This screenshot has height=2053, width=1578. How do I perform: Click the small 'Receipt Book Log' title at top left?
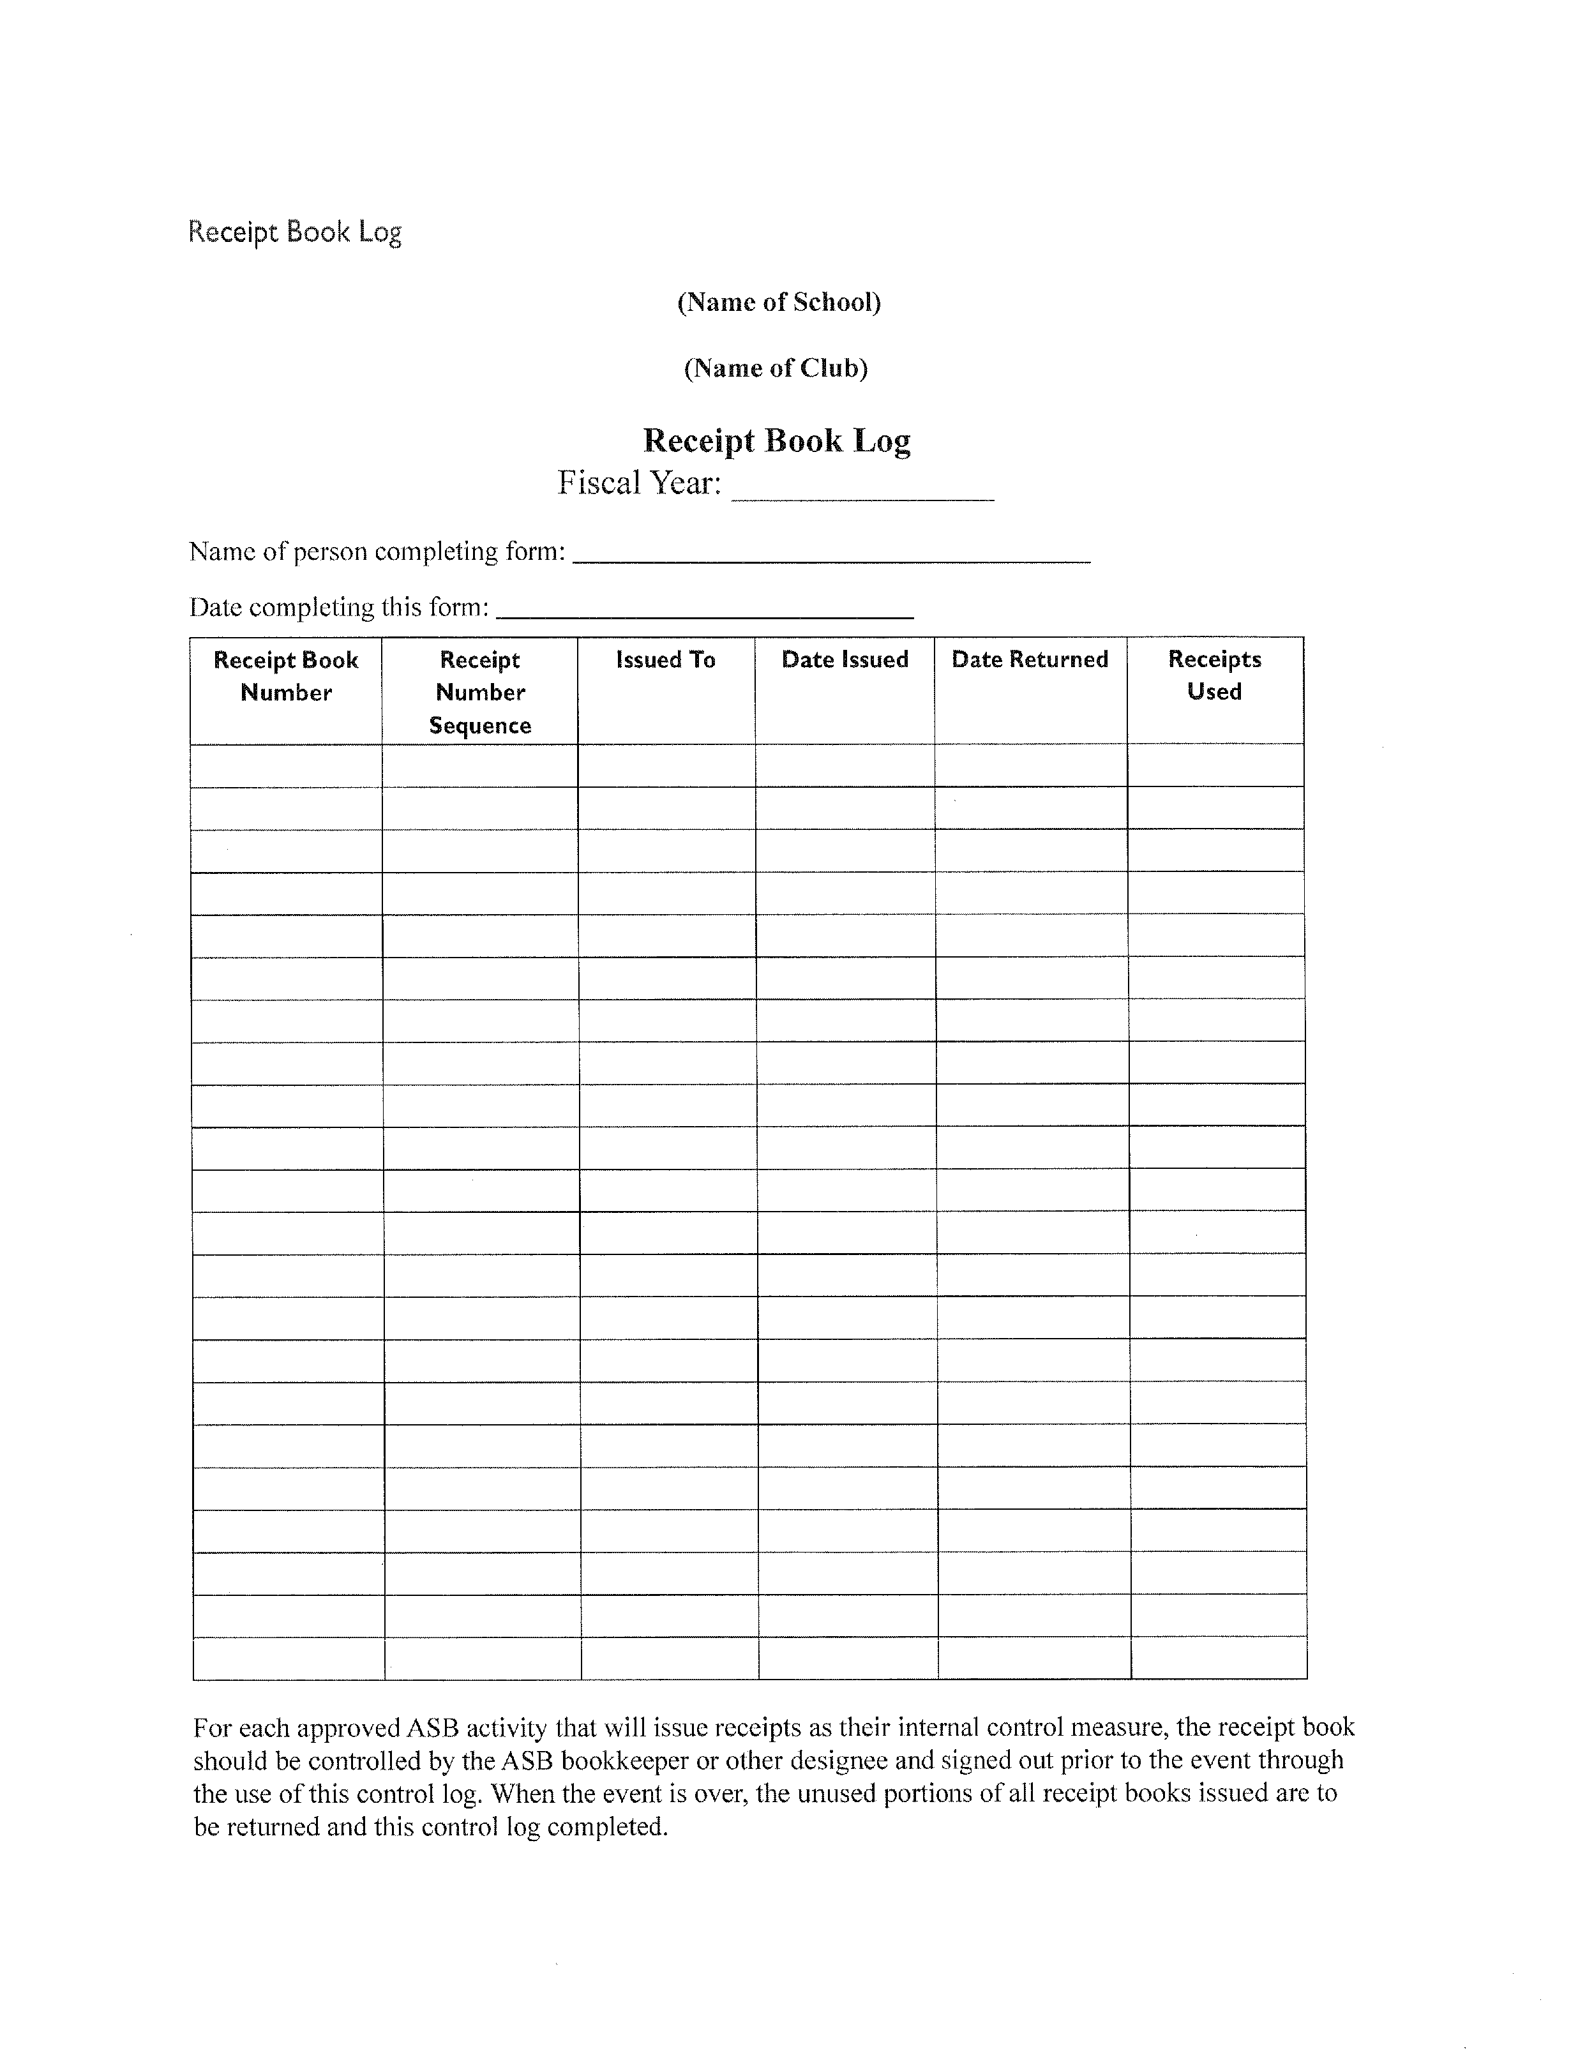[x=295, y=232]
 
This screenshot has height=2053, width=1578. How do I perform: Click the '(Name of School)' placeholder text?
[x=779, y=303]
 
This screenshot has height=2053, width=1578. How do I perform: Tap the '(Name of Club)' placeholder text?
[x=776, y=368]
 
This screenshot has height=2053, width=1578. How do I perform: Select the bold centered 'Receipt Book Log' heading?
[x=777, y=440]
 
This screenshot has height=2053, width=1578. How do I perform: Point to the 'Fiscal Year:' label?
[x=640, y=483]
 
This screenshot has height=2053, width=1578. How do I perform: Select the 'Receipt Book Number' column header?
[x=287, y=676]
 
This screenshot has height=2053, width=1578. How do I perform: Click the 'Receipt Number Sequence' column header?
[x=480, y=692]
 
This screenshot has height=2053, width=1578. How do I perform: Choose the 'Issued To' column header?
[x=666, y=660]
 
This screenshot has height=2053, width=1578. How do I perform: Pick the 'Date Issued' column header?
[x=845, y=660]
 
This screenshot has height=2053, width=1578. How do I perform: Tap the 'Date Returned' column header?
[x=1030, y=660]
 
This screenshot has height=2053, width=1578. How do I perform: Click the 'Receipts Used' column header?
[x=1215, y=675]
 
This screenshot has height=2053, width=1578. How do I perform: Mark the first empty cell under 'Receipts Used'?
[x=1215, y=765]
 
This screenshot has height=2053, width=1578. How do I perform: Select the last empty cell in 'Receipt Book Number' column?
[x=289, y=1658]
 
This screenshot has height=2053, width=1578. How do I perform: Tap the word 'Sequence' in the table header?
[x=480, y=726]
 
